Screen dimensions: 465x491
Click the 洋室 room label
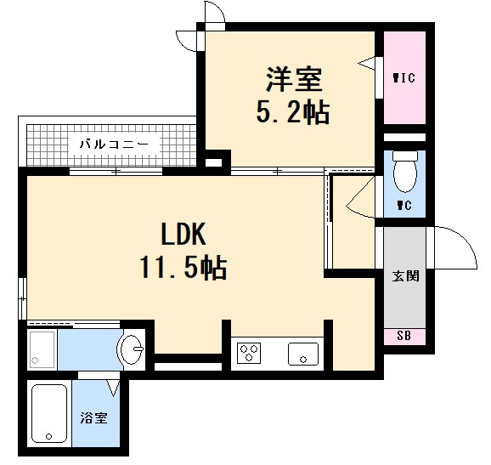(x=293, y=80)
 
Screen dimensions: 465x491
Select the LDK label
(x=183, y=235)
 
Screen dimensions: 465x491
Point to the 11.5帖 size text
(x=183, y=269)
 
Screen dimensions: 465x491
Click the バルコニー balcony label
(x=114, y=145)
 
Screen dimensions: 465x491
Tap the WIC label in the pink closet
(x=404, y=78)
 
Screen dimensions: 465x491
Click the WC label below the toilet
(x=404, y=206)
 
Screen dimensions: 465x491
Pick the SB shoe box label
(x=404, y=337)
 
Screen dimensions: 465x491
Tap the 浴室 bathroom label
(x=93, y=419)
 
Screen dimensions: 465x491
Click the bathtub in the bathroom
(x=50, y=415)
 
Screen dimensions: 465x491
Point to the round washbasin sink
(x=132, y=349)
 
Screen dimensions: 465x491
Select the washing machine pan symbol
(x=42, y=349)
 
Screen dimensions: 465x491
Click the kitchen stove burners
(x=251, y=353)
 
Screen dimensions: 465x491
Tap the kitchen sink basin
(x=302, y=353)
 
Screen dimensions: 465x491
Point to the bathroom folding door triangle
(x=113, y=388)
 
